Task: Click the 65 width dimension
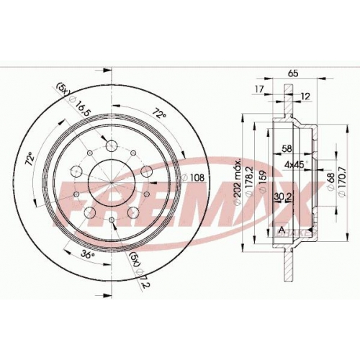(293, 73)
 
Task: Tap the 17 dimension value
(259, 89)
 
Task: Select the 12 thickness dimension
(305, 96)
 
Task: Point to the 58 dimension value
(287, 149)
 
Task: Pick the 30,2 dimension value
(282, 197)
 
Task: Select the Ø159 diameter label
(263, 181)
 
